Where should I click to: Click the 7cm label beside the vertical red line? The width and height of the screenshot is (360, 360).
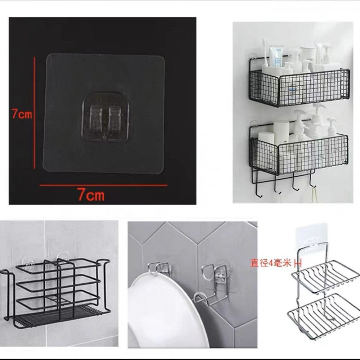22,114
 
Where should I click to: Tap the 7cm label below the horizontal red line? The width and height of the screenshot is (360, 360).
91,196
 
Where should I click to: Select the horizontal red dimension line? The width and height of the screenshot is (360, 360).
103,185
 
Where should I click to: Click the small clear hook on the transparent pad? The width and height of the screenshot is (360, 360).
106,118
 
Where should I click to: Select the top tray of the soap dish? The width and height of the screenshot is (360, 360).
323,276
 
